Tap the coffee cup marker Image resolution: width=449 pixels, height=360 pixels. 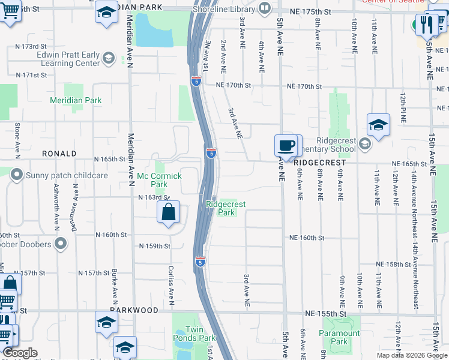[x=286, y=145]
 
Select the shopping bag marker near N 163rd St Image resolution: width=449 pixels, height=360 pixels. [x=169, y=212]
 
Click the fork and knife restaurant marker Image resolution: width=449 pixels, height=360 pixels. [x=428, y=24]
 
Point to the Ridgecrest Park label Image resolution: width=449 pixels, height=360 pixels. [x=226, y=208]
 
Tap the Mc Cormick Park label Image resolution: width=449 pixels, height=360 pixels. [x=159, y=180]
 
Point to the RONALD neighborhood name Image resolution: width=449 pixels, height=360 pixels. [x=59, y=154]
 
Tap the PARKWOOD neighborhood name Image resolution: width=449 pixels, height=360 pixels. [x=134, y=310]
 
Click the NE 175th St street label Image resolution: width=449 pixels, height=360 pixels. [x=310, y=12]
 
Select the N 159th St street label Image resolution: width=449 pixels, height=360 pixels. [x=155, y=246]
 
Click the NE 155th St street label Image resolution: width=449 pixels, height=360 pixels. [x=326, y=314]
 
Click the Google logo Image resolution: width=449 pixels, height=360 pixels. [x=20, y=353]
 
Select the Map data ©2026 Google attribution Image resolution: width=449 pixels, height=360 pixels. [x=411, y=355]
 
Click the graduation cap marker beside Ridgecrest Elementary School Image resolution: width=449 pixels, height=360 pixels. [x=378, y=125]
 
